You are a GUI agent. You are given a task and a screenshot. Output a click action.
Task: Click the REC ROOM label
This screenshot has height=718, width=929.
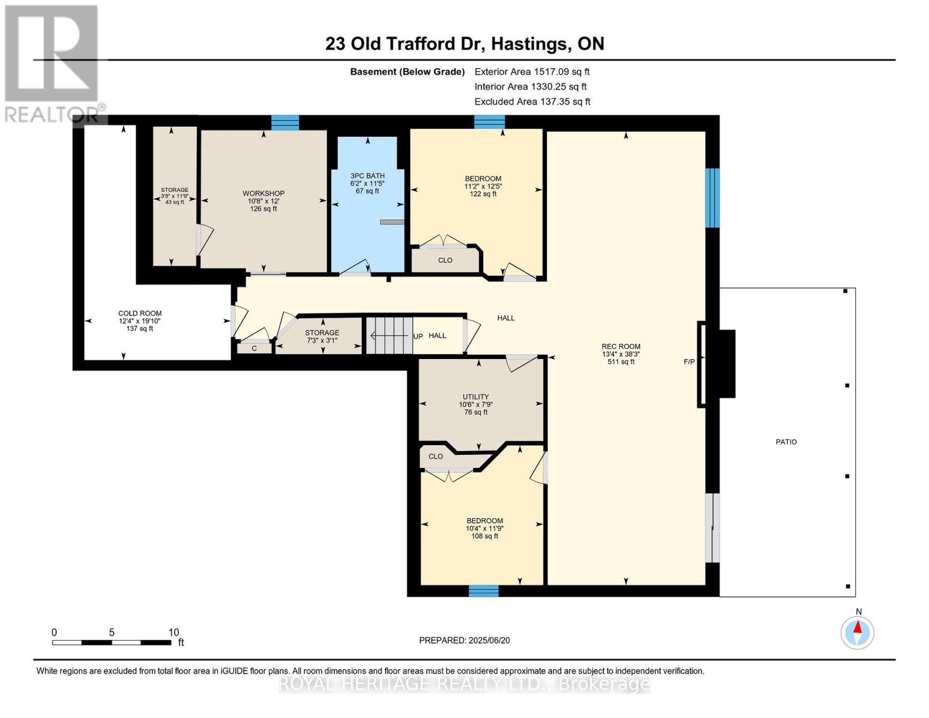(621, 346)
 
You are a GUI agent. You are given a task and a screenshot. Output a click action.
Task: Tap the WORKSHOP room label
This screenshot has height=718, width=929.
(263, 193)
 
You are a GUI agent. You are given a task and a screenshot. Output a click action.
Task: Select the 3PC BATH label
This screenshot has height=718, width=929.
(367, 176)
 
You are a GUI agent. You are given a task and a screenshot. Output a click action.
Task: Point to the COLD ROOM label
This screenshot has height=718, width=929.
(140, 314)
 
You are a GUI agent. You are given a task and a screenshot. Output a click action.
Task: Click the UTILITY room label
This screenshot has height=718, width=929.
(476, 397)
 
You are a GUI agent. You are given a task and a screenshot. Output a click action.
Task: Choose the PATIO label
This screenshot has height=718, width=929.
(786, 442)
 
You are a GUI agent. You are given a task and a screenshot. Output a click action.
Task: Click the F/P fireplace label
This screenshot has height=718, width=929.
(689, 362)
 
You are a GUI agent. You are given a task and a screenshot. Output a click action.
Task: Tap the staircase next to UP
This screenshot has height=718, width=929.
(389, 335)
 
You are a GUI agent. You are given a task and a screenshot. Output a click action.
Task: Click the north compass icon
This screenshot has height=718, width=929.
(857, 632)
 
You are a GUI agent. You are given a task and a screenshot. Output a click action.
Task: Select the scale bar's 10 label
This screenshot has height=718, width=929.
(173, 632)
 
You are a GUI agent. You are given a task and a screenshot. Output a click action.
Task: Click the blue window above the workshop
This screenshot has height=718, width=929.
(285, 122)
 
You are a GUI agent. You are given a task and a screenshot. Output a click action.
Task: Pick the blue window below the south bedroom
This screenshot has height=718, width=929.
(483, 591)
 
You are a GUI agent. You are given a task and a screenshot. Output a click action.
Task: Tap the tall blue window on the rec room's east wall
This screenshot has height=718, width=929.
(712, 197)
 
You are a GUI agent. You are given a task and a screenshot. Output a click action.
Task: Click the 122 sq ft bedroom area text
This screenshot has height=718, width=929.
(483, 194)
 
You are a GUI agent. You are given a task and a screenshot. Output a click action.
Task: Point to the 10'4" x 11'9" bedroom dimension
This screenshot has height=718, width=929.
(485, 528)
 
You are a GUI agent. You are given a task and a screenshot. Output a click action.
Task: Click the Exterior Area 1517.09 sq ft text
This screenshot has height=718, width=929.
(532, 72)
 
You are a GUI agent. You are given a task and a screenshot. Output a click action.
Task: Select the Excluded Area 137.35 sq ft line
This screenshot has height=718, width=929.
(532, 102)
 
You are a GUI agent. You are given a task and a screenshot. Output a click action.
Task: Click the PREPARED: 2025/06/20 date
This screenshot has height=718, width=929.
(464, 640)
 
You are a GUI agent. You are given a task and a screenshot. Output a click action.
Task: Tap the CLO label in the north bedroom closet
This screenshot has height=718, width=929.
(445, 260)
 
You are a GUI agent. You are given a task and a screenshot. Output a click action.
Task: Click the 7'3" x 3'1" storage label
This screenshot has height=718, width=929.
(322, 340)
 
